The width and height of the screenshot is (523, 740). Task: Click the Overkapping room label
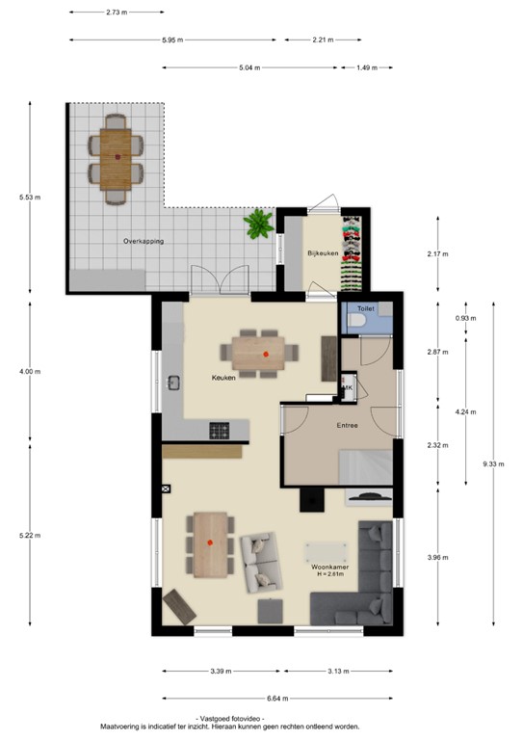click(x=143, y=241)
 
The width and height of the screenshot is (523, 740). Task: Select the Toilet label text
click(x=365, y=308)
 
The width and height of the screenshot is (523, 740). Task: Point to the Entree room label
click(x=347, y=425)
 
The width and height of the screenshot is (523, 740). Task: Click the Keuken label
click(x=223, y=378)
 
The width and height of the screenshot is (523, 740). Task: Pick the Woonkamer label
click(x=329, y=568)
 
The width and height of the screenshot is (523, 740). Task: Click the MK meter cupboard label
click(x=348, y=388)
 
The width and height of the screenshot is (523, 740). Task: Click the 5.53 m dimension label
click(x=29, y=198)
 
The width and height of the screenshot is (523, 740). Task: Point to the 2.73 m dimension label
click(x=118, y=13)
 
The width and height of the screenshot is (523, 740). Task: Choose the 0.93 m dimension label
click(x=466, y=317)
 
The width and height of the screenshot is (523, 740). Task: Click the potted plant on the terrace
click(x=258, y=225)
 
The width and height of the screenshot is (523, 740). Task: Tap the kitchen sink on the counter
click(x=174, y=383)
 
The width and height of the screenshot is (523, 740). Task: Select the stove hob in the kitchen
click(x=220, y=430)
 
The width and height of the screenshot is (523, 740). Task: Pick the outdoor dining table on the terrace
click(x=118, y=156)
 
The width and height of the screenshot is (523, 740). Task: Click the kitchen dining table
click(x=266, y=354)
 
